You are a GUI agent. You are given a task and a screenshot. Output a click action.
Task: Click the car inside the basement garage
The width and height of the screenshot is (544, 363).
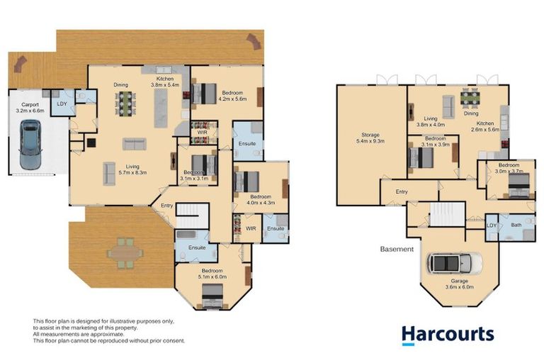[454, 264]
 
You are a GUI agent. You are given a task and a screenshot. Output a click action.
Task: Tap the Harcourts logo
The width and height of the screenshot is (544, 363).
[447, 335]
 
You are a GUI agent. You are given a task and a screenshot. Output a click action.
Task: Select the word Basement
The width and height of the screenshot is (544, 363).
[396, 250]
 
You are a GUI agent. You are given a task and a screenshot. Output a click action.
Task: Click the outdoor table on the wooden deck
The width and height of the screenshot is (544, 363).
[125, 252]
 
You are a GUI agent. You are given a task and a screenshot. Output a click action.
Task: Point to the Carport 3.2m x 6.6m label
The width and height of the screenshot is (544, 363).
[29, 108]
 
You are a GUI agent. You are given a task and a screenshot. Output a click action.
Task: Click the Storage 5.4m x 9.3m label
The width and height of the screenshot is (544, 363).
[371, 138]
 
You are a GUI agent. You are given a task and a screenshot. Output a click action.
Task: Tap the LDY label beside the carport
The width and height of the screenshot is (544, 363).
[62, 104]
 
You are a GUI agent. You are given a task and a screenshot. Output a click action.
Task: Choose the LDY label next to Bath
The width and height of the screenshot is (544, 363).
[492, 225]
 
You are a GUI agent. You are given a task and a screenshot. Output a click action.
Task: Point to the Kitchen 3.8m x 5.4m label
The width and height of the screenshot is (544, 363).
[165, 81]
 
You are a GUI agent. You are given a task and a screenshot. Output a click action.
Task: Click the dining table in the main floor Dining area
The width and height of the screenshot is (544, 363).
[125, 104]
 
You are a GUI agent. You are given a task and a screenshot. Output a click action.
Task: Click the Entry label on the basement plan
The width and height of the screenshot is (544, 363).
[402, 191]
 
